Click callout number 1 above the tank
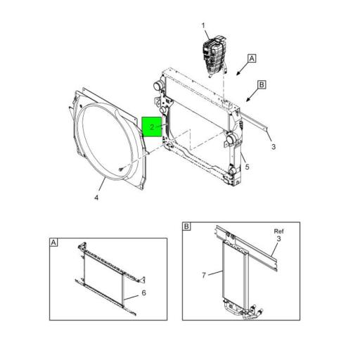pyautogui.click(x=204, y=26)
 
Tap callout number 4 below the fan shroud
pyautogui.click(x=96, y=198)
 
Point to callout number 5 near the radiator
pyautogui.click(x=247, y=167)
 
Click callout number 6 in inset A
pyautogui.click(x=143, y=292)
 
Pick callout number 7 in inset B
pyautogui.click(x=204, y=274)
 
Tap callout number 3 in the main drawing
pyautogui.click(x=273, y=146)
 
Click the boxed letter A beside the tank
pyautogui.click(x=252, y=59)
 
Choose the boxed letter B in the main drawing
pyautogui.click(x=261, y=84)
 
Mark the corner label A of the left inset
pyautogui.click(x=54, y=243)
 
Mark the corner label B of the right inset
pyautogui.click(x=187, y=226)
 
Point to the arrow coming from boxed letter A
pyautogui.click(x=240, y=69)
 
